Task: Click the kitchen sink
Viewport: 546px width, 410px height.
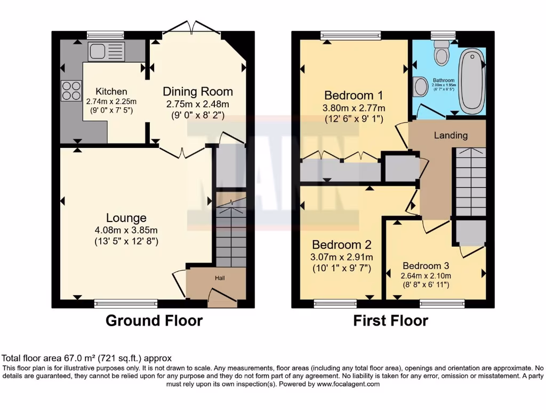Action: (x=106, y=52)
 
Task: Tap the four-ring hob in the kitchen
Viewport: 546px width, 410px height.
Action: (x=71, y=90)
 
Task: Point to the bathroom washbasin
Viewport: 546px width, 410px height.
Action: (x=420, y=86)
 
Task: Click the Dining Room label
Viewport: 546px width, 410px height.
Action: (x=198, y=91)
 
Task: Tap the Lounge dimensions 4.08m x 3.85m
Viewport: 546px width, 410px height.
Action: (x=126, y=230)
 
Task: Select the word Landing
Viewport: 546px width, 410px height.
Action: (x=451, y=136)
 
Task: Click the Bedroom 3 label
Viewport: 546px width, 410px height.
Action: (x=426, y=265)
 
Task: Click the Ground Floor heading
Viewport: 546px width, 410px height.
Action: (x=154, y=320)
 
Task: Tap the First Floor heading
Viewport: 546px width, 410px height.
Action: (x=391, y=320)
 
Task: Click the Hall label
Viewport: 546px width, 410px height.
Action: (x=220, y=278)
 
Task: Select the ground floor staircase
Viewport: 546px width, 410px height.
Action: (x=231, y=235)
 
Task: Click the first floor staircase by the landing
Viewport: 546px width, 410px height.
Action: (x=471, y=182)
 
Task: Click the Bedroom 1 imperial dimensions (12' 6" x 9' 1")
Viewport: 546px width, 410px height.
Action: (x=354, y=120)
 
